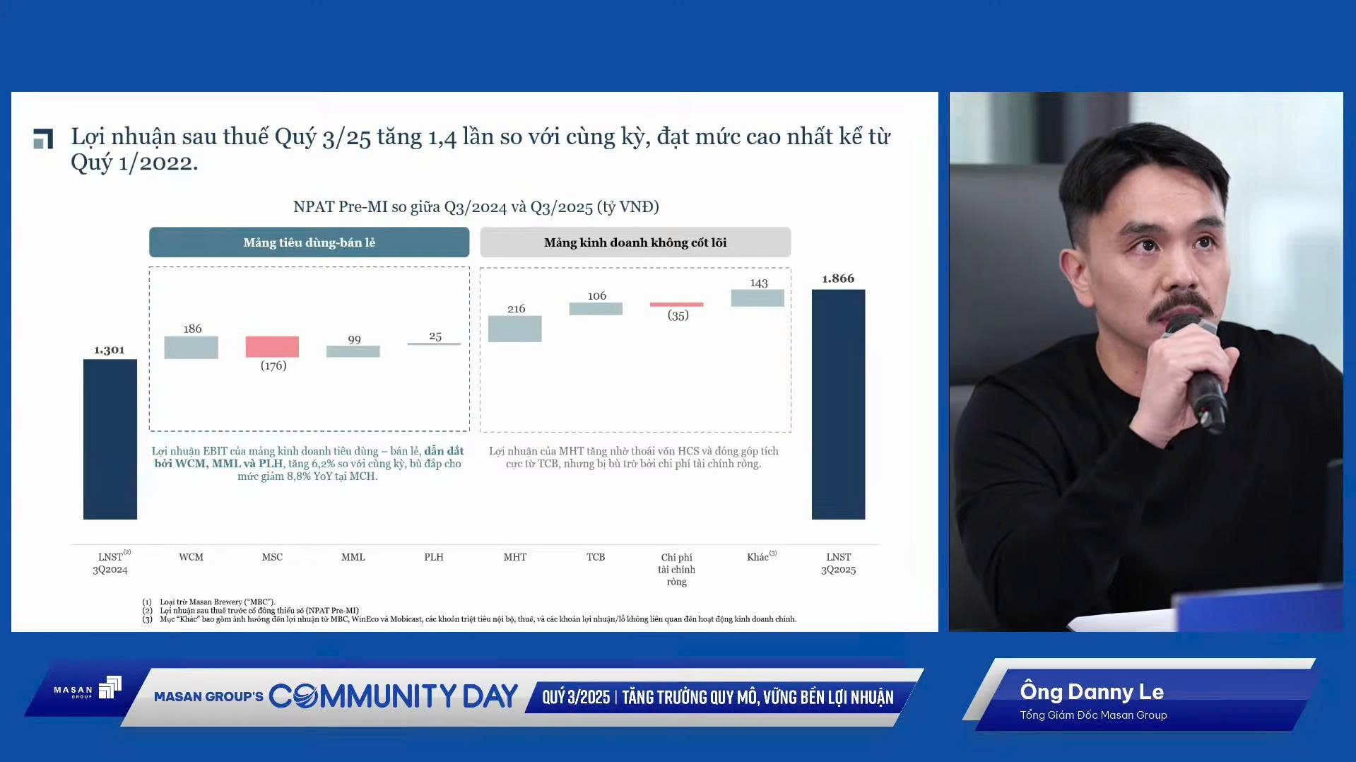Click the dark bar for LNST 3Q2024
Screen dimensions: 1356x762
click(x=110, y=439)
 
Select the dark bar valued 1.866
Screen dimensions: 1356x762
click(x=838, y=404)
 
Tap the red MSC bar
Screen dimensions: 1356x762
click(x=272, y=346)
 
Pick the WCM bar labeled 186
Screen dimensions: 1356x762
click(x=191, y=347)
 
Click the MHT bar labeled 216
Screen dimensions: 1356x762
click(x=515, y=329)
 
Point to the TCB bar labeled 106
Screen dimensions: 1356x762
click(x=596, y=309)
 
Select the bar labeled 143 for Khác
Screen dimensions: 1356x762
click(x=757, y=298)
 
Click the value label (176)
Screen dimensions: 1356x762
click(x=273, y=365)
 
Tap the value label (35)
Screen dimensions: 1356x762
click(x=678, y=315)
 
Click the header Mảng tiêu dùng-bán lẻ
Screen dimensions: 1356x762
click(x=309, y=242)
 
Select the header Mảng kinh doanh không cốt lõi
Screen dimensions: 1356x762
click(x=635, y=242)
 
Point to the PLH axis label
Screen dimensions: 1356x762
click(x=434, y=557)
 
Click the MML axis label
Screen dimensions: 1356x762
click(x=353, y=557)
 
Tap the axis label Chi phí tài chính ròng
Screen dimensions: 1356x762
click(x=677, y=569)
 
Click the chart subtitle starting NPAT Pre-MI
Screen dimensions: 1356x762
click(x=476, y=207)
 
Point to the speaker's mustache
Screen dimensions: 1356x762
click(x=1181, y=305)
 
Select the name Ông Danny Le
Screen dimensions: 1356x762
click(x=1092, y=691)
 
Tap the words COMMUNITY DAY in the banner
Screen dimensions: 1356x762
click(x=394, y=696)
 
